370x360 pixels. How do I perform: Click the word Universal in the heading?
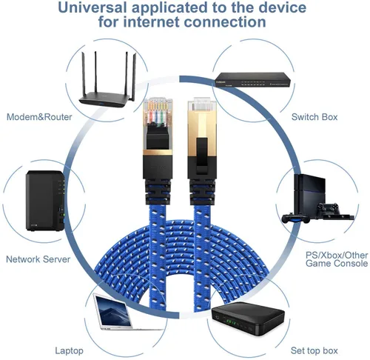pyautogui.click(x=92, y=7)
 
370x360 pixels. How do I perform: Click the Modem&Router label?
pyautogui.click(x=39, y=117)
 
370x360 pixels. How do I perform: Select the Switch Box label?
pyautogui.click(x=314, y=117)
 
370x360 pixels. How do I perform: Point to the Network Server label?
pyautogui.click(x=38, y=259)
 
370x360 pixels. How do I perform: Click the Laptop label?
pyautogui.click(x=69, y=351)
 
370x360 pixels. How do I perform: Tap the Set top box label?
pyautogui.click(x=314, y=350)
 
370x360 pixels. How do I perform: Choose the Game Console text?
pyautogui.click(x=337, y=263)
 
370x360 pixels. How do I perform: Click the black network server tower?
pyautogui.click(x=45, y=201)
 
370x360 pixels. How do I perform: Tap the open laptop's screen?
pyautogui.click(x=114, y=311)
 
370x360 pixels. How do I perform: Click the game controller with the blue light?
pyautogui.click(x=295, y=219)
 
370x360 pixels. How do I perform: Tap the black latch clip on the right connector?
pyautogui.click(x=202, y=156)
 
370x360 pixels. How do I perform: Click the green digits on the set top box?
pyautogui.click(x=231, y=323)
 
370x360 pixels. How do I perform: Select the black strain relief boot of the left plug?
pyautogui.click(x=158, y=192)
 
